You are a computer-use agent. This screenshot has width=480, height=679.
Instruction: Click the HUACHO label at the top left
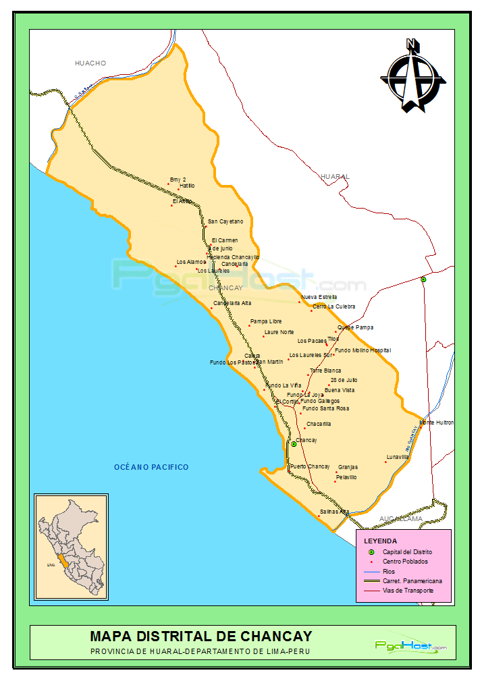tap(90, 63)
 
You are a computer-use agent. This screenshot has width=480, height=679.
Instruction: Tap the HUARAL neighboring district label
tap(336, 176)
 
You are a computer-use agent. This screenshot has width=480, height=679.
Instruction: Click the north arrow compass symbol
tap(412, 76)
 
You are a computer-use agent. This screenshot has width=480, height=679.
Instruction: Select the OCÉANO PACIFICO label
tap(151, 467)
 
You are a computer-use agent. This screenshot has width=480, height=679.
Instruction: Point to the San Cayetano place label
tap(225, 221)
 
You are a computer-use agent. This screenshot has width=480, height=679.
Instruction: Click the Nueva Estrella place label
tap(319, 297)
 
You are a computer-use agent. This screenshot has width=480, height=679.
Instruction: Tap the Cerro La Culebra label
tap(334, 306)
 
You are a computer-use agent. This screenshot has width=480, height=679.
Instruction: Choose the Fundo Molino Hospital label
tap(363, 350)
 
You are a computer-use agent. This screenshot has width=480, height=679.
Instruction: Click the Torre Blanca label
tap(325, 371)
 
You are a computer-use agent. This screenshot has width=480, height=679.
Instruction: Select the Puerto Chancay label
tap(310, 466)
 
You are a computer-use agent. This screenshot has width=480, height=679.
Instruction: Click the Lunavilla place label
tap(398, 457)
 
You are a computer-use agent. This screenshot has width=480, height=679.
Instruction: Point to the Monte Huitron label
tap(436, 423)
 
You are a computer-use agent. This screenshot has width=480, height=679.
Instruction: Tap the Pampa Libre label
tap(266, 321)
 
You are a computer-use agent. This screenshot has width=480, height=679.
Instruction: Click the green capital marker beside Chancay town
tap(294, 444)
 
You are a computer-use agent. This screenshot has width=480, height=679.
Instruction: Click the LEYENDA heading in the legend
tap(381, 541)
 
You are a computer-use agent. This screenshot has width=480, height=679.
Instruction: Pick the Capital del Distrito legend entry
tap(407, 552)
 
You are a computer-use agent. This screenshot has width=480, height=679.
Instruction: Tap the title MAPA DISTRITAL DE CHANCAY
tap(201, 636)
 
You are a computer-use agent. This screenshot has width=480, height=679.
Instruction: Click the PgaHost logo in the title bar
tap(410, 646)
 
